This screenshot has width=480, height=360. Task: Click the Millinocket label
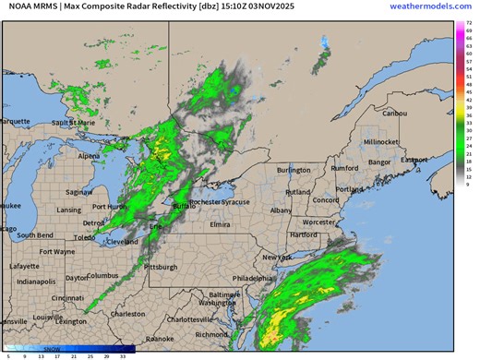coord(380,142)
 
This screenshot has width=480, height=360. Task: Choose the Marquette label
coord(14,121)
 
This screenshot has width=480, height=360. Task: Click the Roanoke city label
coord(163,338)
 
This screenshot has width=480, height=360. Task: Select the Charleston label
coord(127,314)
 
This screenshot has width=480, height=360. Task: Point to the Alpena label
coord(89,156)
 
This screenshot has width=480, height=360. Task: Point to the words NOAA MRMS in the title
coord(32,6)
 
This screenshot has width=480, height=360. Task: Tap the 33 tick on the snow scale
coord(123,354)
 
